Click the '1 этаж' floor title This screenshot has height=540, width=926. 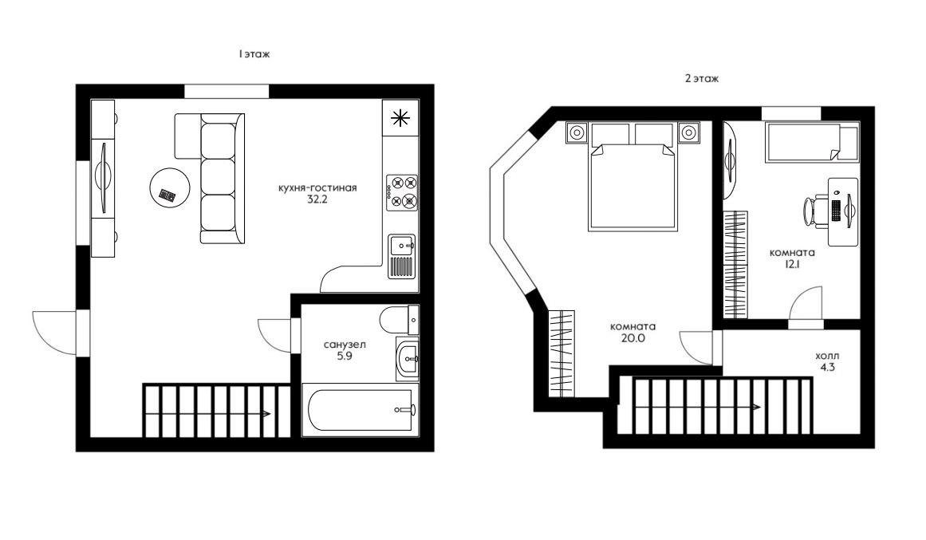(254, 53)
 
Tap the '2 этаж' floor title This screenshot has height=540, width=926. (702, 78)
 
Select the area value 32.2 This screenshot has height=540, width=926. (317, 199)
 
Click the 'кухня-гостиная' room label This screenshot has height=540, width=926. (317, 188)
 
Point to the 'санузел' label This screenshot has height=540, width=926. (345, 345)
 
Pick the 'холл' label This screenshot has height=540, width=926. (827, 357)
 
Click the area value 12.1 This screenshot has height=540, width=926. (792, 265)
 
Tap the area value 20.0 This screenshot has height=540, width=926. (632, 338)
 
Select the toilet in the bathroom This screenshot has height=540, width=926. (400, 320)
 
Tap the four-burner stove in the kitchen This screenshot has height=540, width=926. (401, 192)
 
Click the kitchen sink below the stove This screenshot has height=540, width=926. (402, 256)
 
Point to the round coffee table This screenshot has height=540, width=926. (170, 187)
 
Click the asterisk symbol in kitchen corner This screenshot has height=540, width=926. (400, 118)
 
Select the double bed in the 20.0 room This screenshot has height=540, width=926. (632, 176)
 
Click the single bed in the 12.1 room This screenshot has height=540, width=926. (811, 141)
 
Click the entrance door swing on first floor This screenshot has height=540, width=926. (54, 333)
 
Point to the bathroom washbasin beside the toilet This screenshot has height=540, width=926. (408, 358)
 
